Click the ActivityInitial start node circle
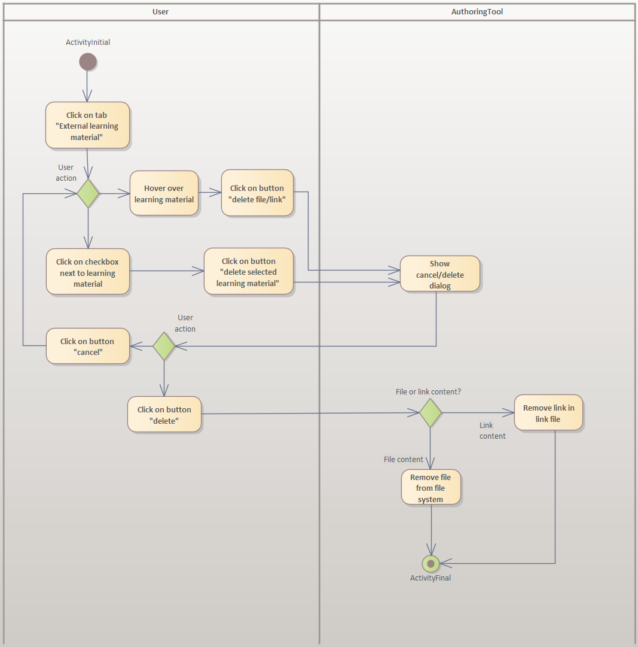click(88, 62)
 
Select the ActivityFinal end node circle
click(431, 563)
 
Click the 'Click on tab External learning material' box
click(87, 126)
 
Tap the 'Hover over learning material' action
click(164, 193)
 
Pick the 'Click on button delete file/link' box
click(257, 193)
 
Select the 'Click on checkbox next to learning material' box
click(88, 272)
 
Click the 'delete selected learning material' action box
click(249, 272)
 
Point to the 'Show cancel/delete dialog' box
click(439, 274)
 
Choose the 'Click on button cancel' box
click(87, 346)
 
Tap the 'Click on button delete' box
click(164, 414)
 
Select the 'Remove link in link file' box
click(548, 413)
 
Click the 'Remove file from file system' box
click(431, 488)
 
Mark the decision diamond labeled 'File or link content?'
click(431, 413)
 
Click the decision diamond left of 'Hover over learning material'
click(88, 193)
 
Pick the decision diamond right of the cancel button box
click(164, 346)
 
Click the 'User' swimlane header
click(161, 11)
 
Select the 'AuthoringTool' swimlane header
click(477, 11)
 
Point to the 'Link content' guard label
click(492, 431)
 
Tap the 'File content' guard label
click(403, 459)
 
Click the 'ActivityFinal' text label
click(431, 578)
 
